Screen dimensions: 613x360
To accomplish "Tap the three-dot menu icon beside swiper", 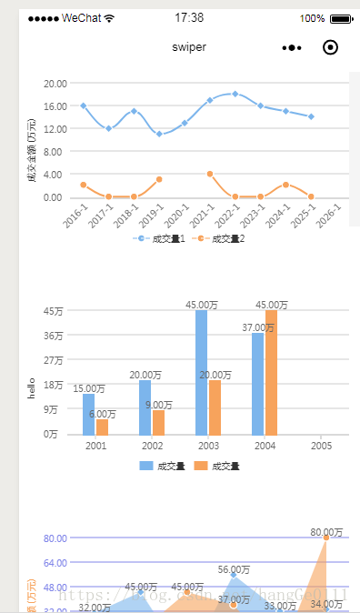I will click(x=291, y=47).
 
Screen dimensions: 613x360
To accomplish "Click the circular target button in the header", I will click(x=330, y=47).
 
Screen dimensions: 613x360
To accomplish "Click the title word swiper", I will click(x=189, y=47).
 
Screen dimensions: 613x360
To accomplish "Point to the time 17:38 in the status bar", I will click(x=189, y=17).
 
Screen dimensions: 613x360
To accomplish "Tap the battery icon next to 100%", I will click(x=341, y=18).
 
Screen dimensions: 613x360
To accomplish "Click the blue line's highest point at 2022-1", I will click(x=235, y=94).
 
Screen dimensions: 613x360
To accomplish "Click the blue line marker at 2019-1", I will click(x=159, y=134).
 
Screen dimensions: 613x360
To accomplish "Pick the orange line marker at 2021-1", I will click(x=210, y=173).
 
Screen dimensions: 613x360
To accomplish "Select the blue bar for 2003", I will click(x=201, y=373).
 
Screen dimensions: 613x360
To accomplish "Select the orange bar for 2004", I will click(x=271, y=373).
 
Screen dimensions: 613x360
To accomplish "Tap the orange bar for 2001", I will click(x=102, y=427).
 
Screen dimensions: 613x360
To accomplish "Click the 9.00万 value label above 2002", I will click(x=159, y=405).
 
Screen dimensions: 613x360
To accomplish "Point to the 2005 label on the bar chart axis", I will click(x=321, y=446).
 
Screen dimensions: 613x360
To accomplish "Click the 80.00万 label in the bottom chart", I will click(x=326, y=532).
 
